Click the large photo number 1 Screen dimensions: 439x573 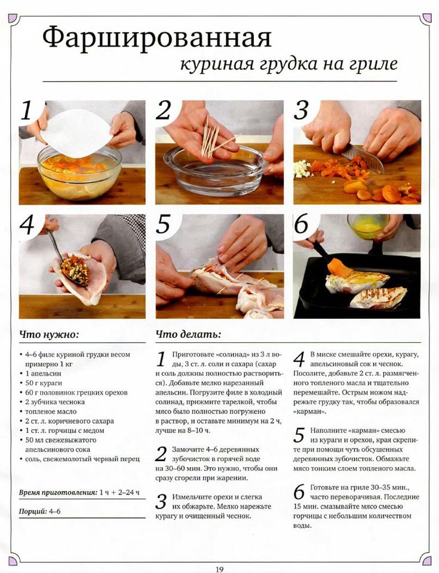[26, 111]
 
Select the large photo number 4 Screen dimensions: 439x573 [27, 225]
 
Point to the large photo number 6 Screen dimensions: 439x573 [302, 224]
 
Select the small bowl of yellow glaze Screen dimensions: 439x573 [367, 226]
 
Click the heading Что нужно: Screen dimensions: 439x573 [49, 334]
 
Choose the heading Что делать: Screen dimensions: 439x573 [188, 334]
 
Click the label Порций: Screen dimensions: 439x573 [33, 511]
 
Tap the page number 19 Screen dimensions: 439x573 [219, 569]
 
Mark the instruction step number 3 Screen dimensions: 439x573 [161, 501]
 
